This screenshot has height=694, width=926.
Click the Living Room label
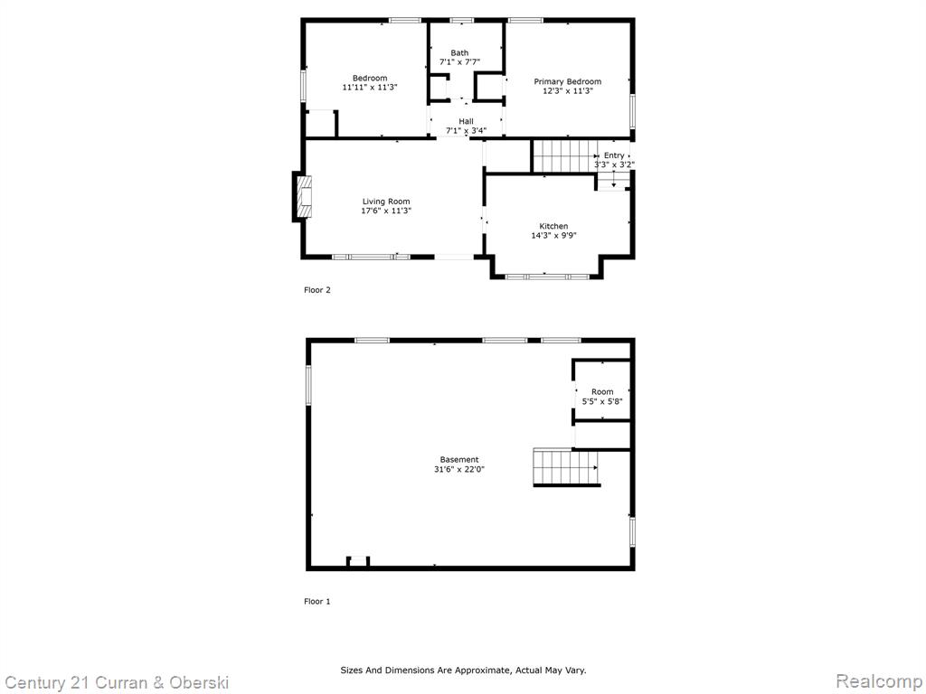pyautogui.click(x=386, y=202)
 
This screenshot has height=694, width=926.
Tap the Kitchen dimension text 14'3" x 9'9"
pyautogui.click(x=554, y=236)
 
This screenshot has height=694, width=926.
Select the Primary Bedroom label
pyautogui.click(x=568, y=81)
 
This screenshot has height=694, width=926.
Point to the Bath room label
pyautogui.click(x=459, y=53)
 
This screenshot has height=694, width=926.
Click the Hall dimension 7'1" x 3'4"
pyautogui.click(x=466, y=130)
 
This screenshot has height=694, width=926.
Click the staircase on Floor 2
pyautogui.click(x=565, y=155)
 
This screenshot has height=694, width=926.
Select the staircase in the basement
pyautogui.click(x=566, y=467)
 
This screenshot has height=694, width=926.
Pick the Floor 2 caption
pyautogui.click(x=317, y=290)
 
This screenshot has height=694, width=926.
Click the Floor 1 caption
pyautogui.click(x=317, y=601)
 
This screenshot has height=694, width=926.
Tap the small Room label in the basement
pyautogui.click(x=602, y=392)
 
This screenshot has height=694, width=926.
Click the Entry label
pyautogui.click(x=614, y=155)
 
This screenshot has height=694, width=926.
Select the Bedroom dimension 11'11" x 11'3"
pyautogui.click(x=370, y=88)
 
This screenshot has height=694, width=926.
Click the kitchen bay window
pyautogui.click(x=547, y=276)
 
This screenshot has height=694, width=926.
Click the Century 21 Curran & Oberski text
pyautogui.click(x=117, y=683)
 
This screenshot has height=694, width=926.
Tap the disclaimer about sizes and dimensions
pyautogui.click(x=463, y=671)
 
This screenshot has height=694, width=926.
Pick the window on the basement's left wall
pyautogui.click(x=308, y=385)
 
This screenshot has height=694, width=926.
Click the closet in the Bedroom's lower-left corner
pyautogui.click(x=321, y=123)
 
